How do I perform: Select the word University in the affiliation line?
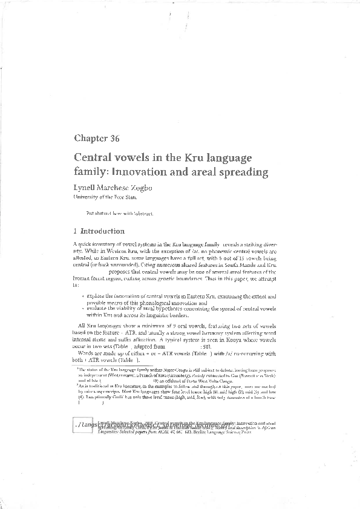pos(86,197)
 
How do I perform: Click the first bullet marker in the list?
pos(82,297)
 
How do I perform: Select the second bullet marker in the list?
pos(82,308)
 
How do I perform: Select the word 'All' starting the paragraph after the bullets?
pos(83,326)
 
